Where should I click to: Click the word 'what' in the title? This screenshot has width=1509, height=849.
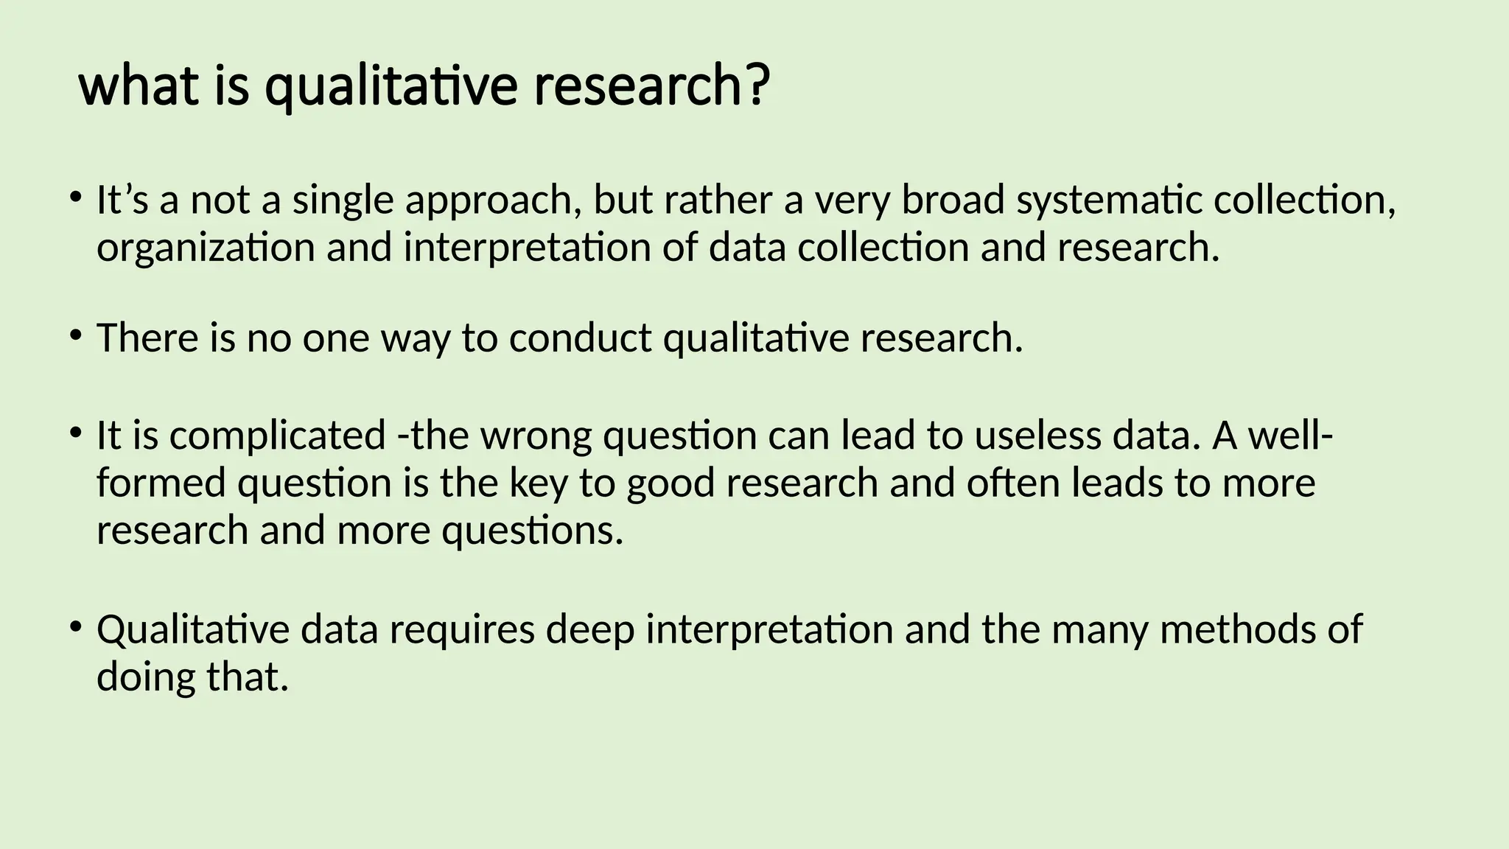tap(139, 86)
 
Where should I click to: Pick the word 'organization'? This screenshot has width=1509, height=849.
tap(206, 248)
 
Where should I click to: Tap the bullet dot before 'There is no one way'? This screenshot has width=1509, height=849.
tap(75, 336)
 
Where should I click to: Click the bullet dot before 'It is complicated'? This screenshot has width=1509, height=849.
tap(75, 433)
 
